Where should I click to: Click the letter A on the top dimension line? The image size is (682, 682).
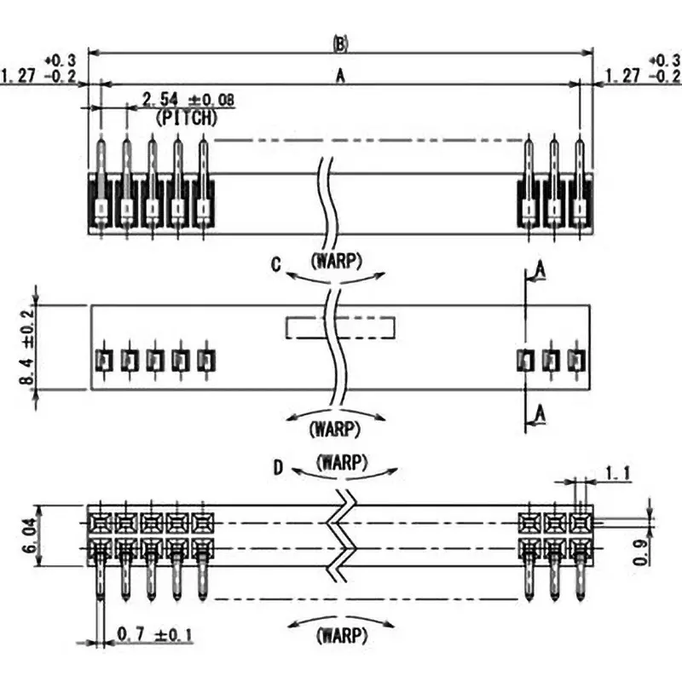point(339,76)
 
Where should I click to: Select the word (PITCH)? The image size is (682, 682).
point(187,118)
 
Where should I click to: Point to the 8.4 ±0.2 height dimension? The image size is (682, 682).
point(28,347)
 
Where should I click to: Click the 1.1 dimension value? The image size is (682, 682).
point(616,472)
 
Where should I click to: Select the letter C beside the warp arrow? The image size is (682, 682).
point(276,265)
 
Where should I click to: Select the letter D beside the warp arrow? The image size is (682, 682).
point(278,467)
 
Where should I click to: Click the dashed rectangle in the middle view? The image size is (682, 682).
point(340,327)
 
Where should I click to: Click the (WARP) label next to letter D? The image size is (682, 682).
point(341,465)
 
